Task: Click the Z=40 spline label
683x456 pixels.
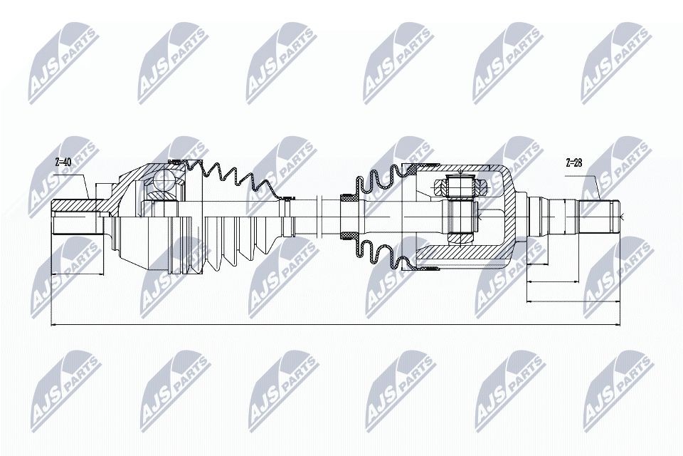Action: (x=63, y=162)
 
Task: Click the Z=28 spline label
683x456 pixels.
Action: (x=573, y=162)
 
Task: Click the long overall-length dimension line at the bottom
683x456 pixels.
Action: (x=334, y=326)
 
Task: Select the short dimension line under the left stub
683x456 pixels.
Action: (x=78, y=271)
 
